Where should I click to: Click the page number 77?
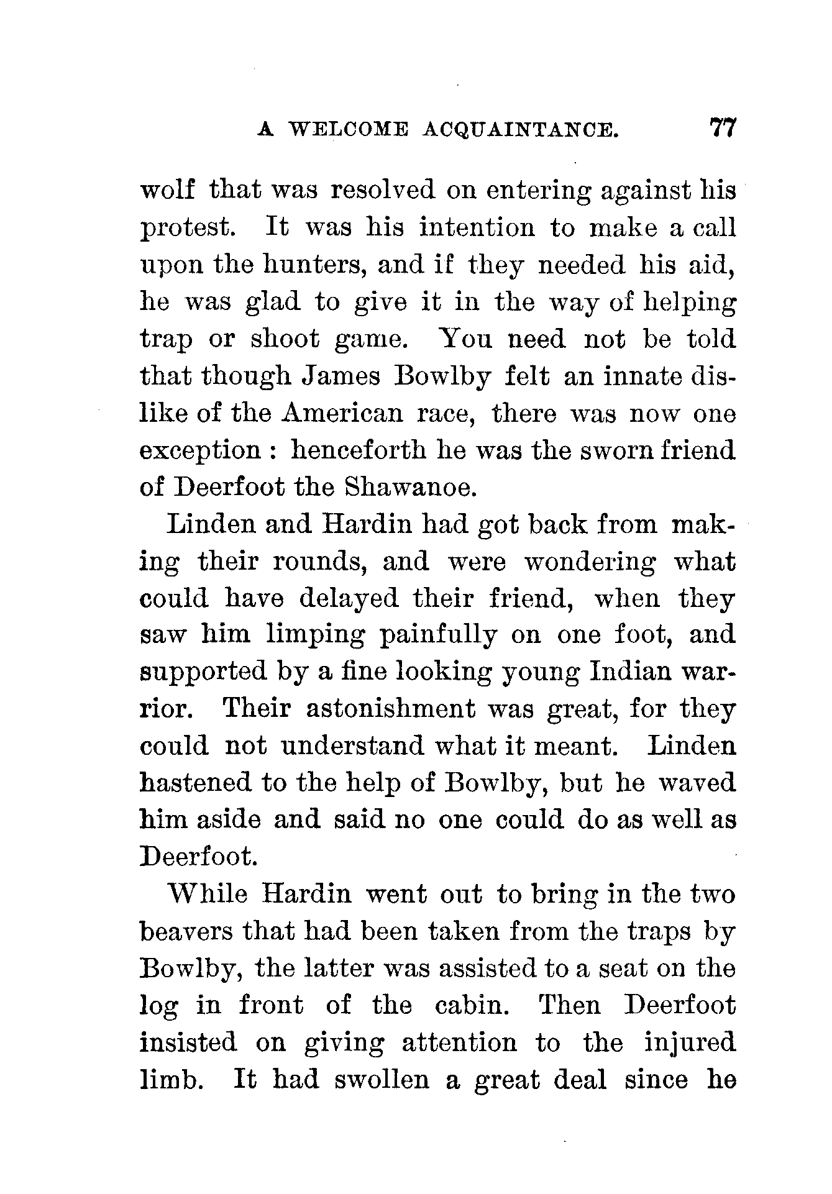pos(721,129)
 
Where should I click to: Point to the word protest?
pos(187,229)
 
